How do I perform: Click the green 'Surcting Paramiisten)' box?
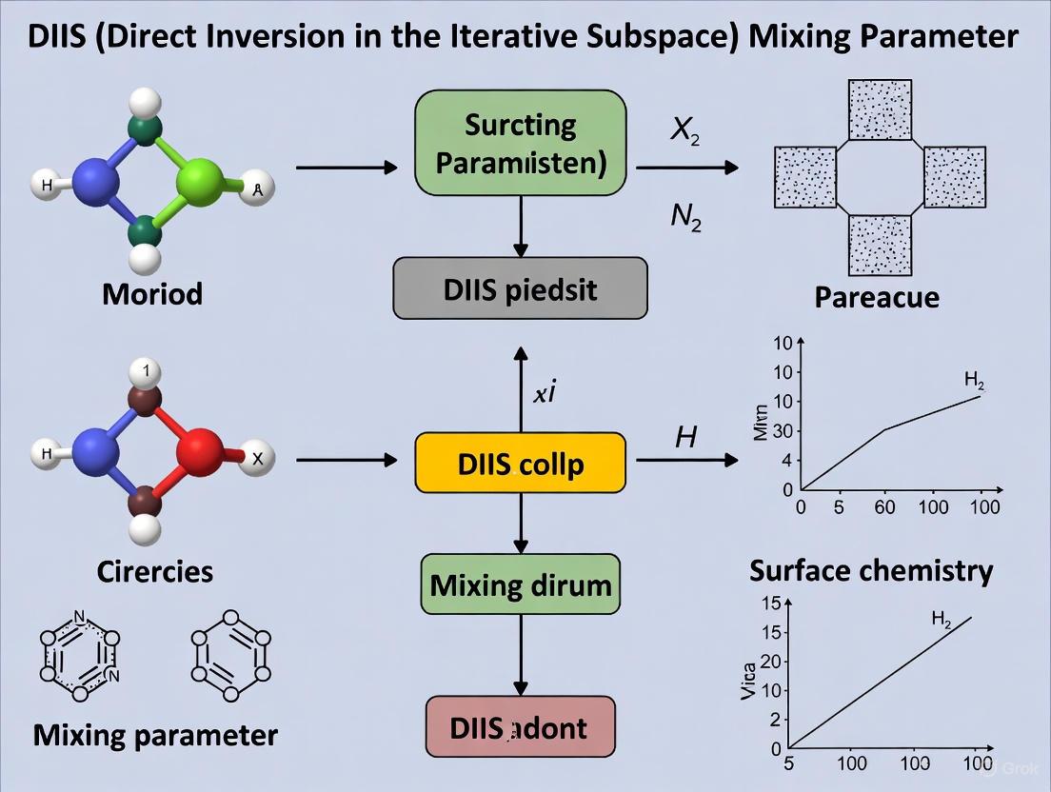(521, 143)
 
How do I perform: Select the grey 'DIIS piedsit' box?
(521, 288)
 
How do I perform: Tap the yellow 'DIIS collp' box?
(521, 464)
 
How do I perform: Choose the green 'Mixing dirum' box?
(521, 583)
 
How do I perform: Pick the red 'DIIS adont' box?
(521, 729)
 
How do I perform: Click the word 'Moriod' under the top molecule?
(152, 292)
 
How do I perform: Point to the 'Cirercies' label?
(154, 571)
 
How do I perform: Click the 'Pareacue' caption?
(877, 297)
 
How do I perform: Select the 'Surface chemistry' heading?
(871, 570)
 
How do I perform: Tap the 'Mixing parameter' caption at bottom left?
(155, 735)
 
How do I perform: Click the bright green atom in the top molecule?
(200, 178)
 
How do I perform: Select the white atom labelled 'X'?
(255, 458)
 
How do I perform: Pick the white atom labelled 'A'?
(255, 189)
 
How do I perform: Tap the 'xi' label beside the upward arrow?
(544, 393)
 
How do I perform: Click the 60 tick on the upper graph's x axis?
(884, 507)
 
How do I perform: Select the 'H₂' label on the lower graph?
(941, 620)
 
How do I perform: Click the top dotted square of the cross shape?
(880, 109)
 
